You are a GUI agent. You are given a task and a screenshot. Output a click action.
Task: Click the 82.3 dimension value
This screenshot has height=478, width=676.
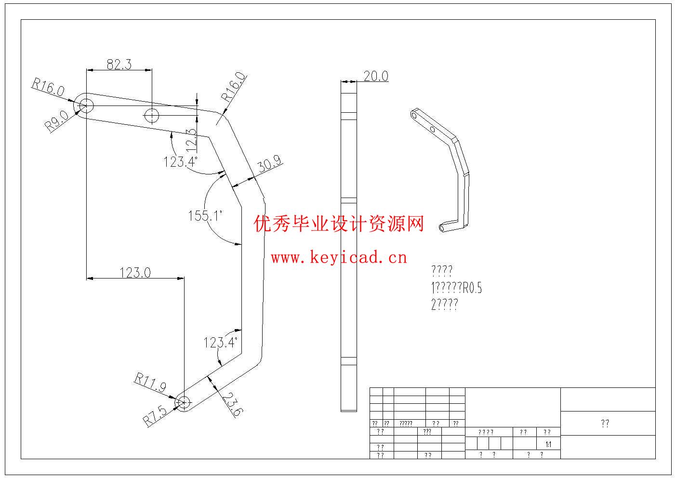click(x=119, y=64)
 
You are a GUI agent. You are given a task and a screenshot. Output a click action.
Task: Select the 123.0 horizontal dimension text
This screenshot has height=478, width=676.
click(x=135, y=273)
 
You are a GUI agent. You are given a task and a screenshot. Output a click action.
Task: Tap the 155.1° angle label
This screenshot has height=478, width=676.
click(x=205, y=216)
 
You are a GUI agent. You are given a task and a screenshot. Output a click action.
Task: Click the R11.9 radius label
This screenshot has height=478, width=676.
click(x=150, y=383)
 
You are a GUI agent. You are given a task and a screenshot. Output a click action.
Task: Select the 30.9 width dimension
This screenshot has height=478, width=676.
click(x=269, y=164)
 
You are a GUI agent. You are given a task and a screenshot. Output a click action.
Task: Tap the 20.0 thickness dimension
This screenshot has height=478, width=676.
click(x=376, y=76)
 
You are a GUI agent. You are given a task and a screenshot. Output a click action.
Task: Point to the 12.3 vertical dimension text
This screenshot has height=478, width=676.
click(x=191, y=138)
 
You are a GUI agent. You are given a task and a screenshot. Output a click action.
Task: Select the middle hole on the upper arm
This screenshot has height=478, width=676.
click(x=152, y=116)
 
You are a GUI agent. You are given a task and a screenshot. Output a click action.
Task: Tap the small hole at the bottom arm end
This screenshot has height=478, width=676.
click(x=183, y=401)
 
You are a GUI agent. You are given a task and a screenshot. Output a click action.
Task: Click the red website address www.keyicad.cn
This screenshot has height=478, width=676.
click(x=339, y=258)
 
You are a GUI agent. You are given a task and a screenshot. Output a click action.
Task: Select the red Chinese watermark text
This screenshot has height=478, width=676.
click(x=339, y=224)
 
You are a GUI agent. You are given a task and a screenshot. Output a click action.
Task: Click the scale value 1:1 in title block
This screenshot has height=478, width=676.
click(x=547, y=444)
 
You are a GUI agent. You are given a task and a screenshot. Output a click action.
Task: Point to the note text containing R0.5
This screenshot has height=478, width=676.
click(x=456, y=288)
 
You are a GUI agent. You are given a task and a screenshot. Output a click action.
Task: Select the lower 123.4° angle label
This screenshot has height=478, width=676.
click(x=221, y=343)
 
